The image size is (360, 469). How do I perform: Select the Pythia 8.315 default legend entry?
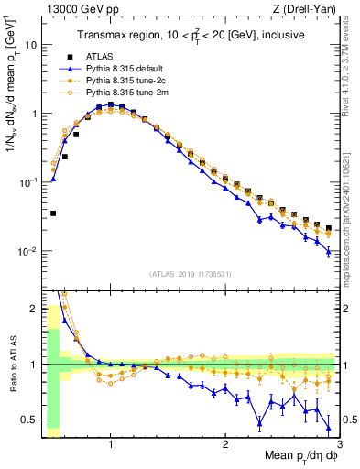point(111,69)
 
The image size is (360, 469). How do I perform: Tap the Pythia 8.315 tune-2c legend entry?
point(111,81)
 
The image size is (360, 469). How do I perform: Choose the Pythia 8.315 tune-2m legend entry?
point(111,93)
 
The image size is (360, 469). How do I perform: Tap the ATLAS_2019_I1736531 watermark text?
point(189,273)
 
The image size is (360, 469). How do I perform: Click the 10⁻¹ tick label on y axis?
point(27,182)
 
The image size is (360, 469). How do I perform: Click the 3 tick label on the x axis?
point(340,444)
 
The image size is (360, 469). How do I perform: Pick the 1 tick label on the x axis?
point(111,444)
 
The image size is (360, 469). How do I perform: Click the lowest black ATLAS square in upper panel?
point(53,213)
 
